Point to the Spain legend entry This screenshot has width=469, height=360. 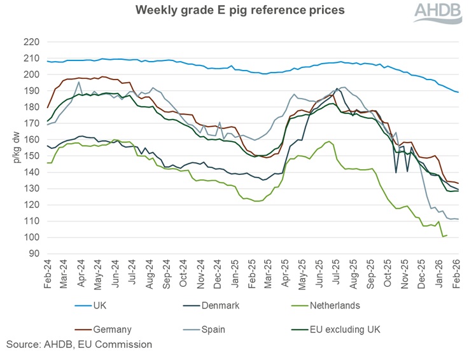pos(214,329)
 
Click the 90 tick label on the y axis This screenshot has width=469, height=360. pos(33,254)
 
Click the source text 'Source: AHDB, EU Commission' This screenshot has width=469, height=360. pos(79,345)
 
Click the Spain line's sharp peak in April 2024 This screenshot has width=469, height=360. pos(78,82)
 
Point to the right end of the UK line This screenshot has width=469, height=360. pos(458,92)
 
